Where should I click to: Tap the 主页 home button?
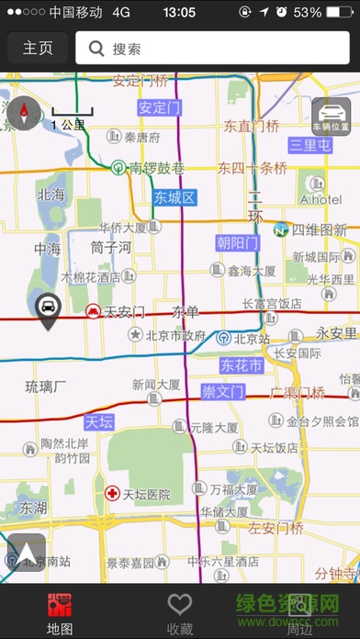point(38,49)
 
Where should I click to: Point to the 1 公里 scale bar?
point(71,118)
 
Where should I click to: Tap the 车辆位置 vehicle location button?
point(330,117)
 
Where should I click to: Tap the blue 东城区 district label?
point(175,197)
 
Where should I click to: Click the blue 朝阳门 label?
point(238,242)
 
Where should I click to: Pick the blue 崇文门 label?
point(222,392)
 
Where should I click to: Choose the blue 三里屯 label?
point(309,145)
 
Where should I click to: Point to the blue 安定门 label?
point(158,107)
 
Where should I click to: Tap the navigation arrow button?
point(26,553)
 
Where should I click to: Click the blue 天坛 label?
point(98,422)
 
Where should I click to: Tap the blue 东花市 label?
point(242,365)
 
